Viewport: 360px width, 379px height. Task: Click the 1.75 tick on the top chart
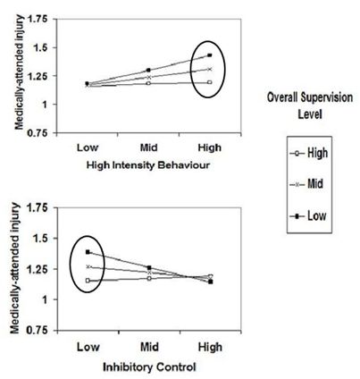[36, 17]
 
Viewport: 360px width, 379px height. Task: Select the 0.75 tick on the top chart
[36, 133]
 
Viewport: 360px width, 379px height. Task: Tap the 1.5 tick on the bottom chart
[38, 240]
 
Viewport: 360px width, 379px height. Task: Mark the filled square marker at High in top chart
[209, 55]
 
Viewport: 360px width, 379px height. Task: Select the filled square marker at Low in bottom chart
[88, 252]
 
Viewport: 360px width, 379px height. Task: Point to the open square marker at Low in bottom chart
[88, 281]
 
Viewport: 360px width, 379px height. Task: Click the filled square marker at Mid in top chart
[148, 70]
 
